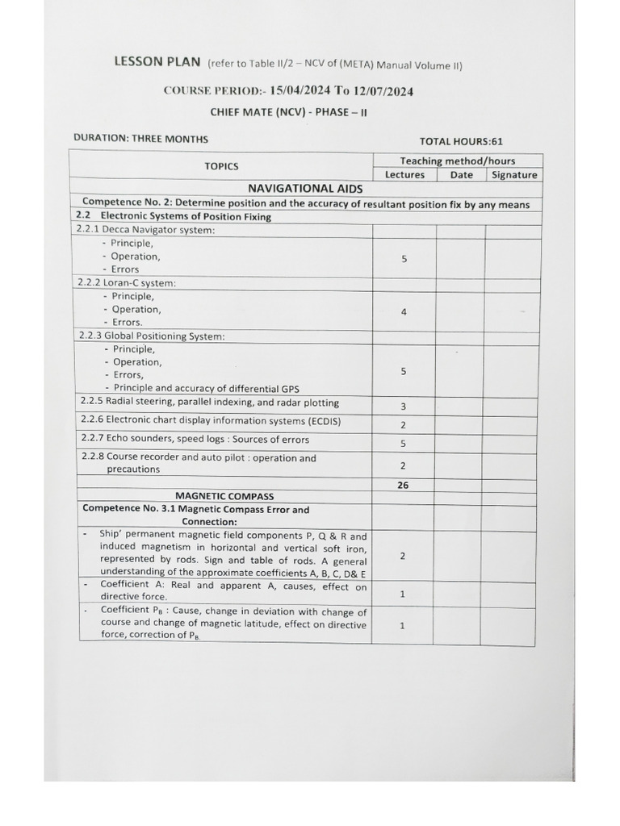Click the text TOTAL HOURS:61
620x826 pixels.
coord(461,141)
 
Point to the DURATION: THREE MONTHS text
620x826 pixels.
coord(140,138)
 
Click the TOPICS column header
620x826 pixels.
coord(221,166)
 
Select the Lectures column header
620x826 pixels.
coord(404,175)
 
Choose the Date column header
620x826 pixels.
coord(461,175)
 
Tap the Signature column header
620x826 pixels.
coord(514,175)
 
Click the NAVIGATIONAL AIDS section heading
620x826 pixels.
coord(305,189)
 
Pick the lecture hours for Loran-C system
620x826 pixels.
coord(404,311)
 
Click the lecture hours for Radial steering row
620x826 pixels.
coord(404,407)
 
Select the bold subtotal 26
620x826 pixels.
coord(403,486)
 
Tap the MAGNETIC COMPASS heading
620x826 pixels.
coord(224,496)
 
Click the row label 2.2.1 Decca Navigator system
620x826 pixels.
coord(145,230)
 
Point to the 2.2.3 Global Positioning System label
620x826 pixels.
coord(150,336)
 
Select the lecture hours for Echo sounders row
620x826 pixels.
coord(403,444)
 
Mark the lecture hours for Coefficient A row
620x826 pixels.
coord(402,594)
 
